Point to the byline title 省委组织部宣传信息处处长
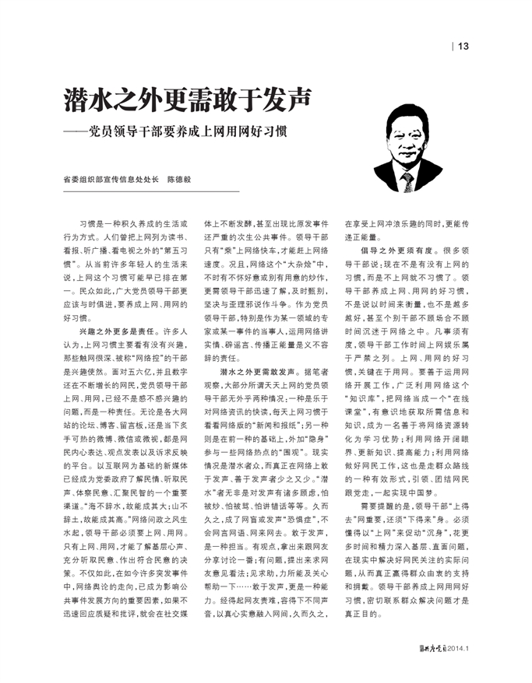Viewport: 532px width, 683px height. pos(111,178)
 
